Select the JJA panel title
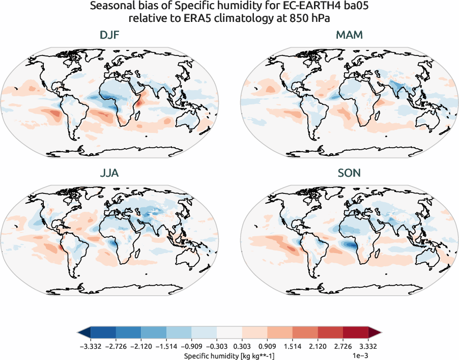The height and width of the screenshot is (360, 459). tap(109, 173)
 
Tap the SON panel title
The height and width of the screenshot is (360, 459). tap(349, 173)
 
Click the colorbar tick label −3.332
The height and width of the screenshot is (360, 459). tap(91, 347)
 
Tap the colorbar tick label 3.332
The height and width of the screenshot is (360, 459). tap(368, 347)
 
